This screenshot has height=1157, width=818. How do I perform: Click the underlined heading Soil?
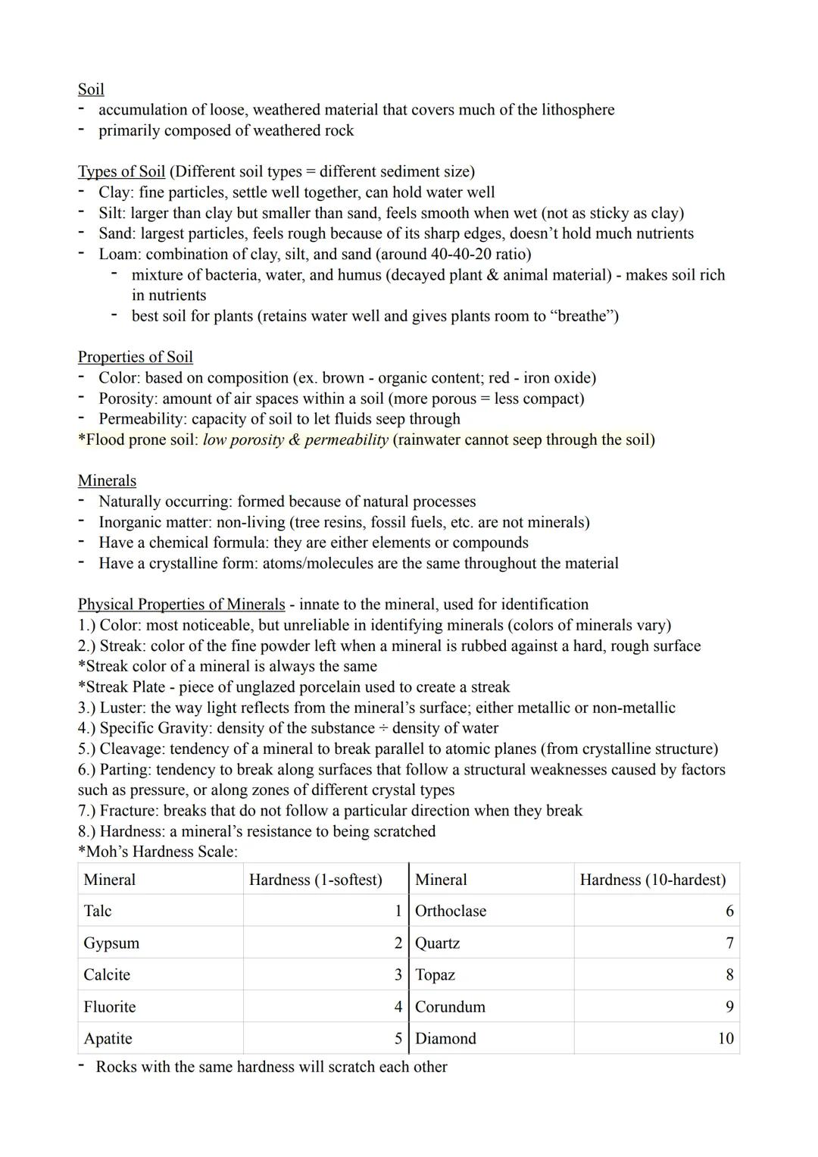click(91, 89)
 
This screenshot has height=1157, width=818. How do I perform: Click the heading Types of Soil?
click(121, 172)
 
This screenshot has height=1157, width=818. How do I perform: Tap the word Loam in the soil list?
click(119, 255)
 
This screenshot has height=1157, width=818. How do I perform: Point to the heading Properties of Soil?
click(135, 357)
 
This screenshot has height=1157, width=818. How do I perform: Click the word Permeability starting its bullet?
click(142, 419)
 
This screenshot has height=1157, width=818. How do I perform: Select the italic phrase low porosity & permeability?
click(295, 440)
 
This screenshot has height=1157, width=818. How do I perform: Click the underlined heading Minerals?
click(107, 481)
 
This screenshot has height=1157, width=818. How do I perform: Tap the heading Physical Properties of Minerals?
click(181, 605)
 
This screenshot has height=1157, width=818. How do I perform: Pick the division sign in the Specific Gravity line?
click(383, 729)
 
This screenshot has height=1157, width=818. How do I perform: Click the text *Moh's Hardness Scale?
click(158, 852)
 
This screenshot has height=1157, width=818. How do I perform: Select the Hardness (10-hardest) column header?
click(652, 880)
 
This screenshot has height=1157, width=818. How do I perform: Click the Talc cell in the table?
click(98, 912)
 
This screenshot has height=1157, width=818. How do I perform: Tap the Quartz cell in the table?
click(437, 943)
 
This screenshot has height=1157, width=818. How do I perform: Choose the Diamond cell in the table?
click(445, 1039)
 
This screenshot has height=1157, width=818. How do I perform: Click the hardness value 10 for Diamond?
click(725, 1039)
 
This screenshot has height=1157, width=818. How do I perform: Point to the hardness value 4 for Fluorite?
click(398, 1007)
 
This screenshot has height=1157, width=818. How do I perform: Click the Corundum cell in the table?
click(450, 1007)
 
